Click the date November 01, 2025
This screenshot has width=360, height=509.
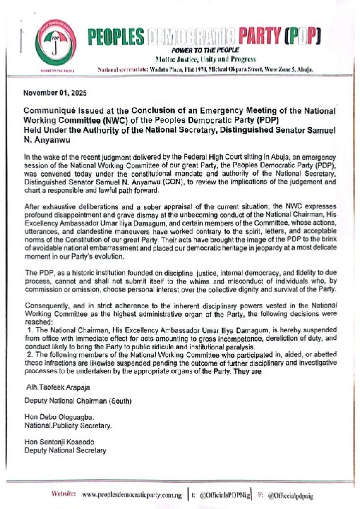pos(55,93)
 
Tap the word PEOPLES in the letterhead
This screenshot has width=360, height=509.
pos(115,38)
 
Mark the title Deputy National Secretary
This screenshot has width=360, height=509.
pos(65,450)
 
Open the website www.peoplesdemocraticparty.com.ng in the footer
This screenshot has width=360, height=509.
pos(132,495)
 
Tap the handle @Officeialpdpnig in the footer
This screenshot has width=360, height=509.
pos(290,495)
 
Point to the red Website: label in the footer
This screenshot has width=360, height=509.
pos(63,494)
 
